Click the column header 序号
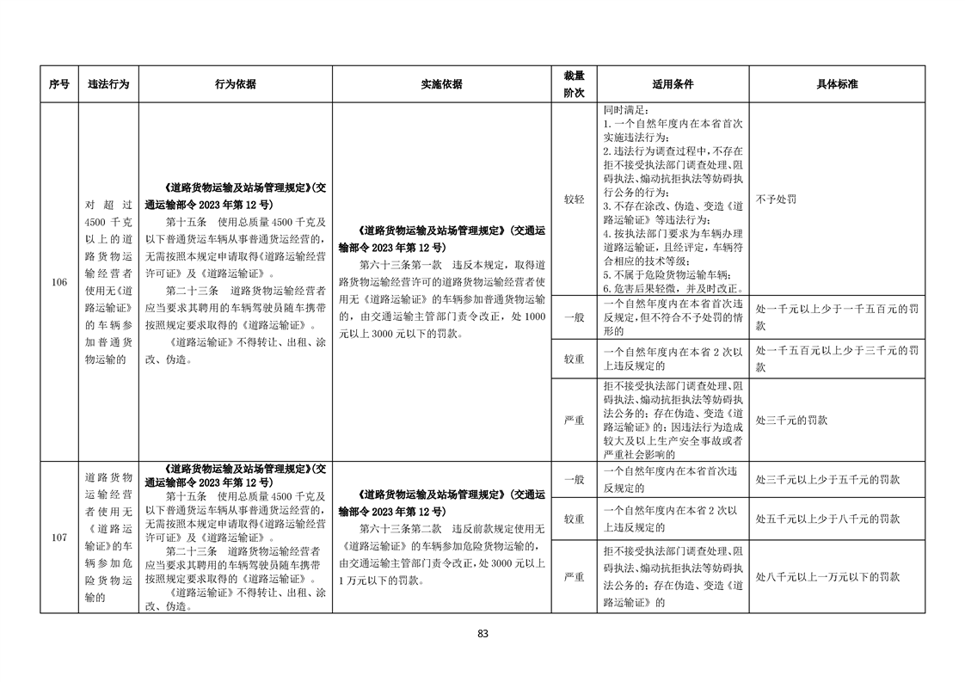[x=58, y=84]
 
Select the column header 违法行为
[x=108, y=84]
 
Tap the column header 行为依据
[x=235, y=84]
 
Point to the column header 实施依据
[x=441, y=84]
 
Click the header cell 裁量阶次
[x=574, y=84]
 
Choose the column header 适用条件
[x=673, y=84]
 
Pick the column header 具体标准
[x=837, y=84]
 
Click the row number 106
[x=58, y=282]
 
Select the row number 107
[x=58, y=538]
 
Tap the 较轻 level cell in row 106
[x=574, y=199]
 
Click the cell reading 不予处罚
[x=776, y=199]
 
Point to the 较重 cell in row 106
[x=574, y=358]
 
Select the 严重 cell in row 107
[x=574, y=576]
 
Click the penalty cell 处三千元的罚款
[x=791, y=420]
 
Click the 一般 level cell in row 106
[x=574, y=316]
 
